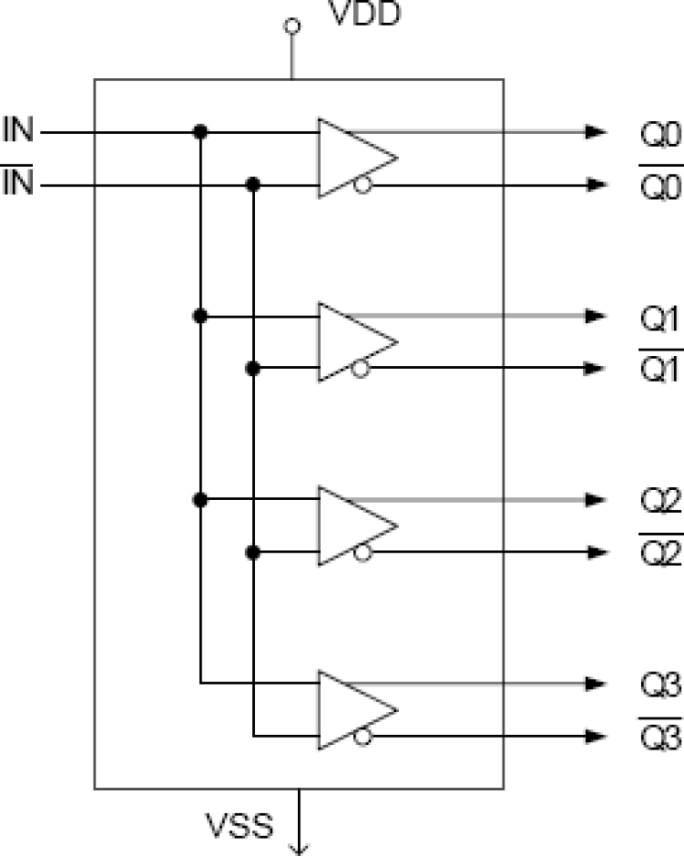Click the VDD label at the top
pyautogui.click(x=364, y=16)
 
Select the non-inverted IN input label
pyautogui.click(x=17, y=129)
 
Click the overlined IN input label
pyautogui.click(x=17, y=185)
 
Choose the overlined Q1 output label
pyautogui.click(x=660, y=371)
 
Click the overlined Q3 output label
pyautogui.click(x=660, y=738)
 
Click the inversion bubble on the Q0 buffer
pyautogui.click(x=363, y=185)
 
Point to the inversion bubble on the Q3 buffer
pyautogui.click(x=363, y=736)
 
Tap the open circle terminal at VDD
pyautogui.click(x=292, y=28)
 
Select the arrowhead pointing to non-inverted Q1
pyautogui.click(x=597, y=317)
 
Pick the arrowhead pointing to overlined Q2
pyautogui.click(x=597, y=552)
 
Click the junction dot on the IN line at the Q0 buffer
pyautogui.click(x=201, y=133)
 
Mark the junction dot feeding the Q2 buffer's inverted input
pyautogui.click(x=253, y=552)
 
